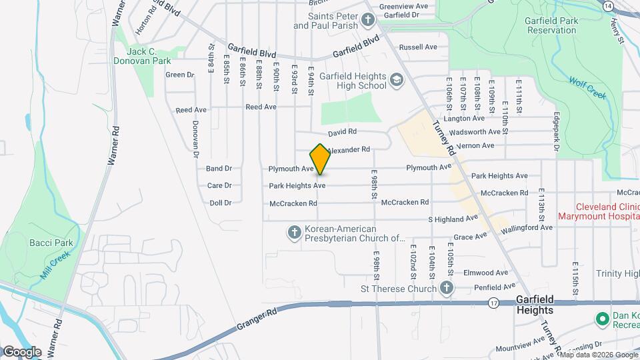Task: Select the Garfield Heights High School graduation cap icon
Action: pyautogui.click(x=397, y=81)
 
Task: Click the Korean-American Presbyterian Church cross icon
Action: pyautogui.click(x=293, y=233)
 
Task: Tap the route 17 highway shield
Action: pyautogui.click(x=493, y=303)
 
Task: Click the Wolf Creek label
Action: pyautogui.click(x=587, y=88)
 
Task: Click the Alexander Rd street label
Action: pyautogui.click(x=348, y=150)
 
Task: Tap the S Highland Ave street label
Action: pyautogui.click(x=453, y=219)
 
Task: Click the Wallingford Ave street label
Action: pyautogui.click(x=527, y=227)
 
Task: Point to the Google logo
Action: pyautogui.click(x=22, y=351)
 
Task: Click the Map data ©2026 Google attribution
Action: pyautogui.click(x=599, y=355)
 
